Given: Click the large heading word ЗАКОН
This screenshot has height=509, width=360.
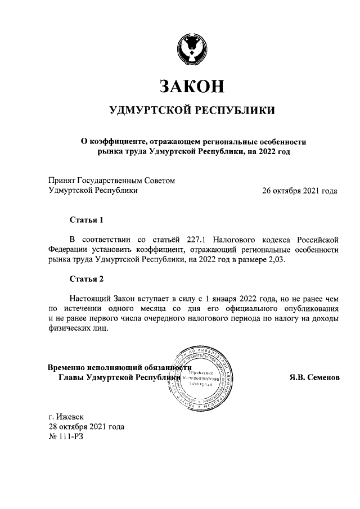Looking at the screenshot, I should click(x=191, y=85).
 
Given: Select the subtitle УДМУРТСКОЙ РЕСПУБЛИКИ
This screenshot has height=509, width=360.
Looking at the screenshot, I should click(x=192, y=110).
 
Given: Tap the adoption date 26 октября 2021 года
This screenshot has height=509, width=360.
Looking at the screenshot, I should click(x=300, y=191).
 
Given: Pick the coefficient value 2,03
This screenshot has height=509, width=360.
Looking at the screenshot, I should click(x=275, y=259).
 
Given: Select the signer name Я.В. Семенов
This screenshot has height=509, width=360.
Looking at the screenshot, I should click(x=310, y=377).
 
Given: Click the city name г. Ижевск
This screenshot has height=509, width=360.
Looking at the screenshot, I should click(x=66, y=417).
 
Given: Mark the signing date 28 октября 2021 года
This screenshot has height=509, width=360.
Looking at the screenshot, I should click(x=86, y=426).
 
